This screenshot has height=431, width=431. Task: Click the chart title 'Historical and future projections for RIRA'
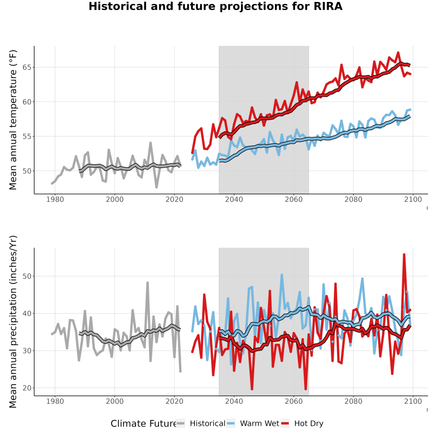tap(215, 6)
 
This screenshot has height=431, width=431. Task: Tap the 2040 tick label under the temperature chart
tap(234, 199)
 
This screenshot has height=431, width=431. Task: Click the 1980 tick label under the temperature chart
tap(55, 199)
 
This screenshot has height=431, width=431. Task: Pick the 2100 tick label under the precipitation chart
tap(413, 401)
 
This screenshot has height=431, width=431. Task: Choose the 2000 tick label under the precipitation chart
tap(114, 401)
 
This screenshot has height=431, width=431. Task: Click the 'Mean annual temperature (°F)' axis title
tap(13, 120)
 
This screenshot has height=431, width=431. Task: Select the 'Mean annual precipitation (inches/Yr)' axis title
tap(13, 322)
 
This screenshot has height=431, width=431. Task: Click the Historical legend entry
tap(201, 423)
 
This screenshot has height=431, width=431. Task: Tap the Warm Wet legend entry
tap(253, 423)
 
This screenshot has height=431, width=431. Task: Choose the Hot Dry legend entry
tap(302, 423)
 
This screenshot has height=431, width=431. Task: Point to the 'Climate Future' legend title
tap(143, 424)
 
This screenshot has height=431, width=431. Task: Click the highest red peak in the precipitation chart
tap(404, 255)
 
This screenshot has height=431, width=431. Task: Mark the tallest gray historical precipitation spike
tap(147, 283)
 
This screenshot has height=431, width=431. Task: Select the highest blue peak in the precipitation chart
tap(282, 275)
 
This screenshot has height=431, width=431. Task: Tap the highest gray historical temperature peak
tap(151, 143)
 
